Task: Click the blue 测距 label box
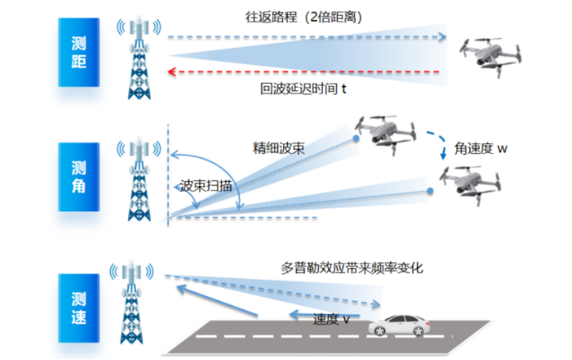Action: pos(80,53)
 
